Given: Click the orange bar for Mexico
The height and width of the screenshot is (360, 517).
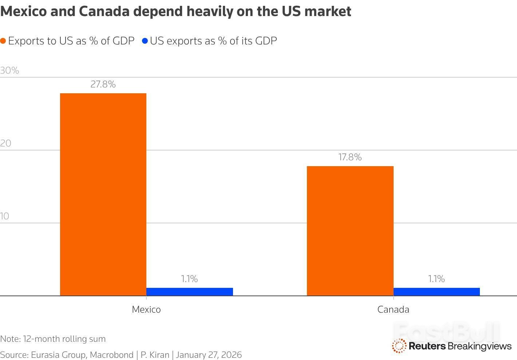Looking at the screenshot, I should [103, 194].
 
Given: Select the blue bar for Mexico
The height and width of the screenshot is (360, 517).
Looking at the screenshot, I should [189, 291].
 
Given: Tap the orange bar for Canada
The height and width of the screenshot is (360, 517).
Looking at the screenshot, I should [350, 231].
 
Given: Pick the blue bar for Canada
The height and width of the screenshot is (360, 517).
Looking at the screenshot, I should [437, 291].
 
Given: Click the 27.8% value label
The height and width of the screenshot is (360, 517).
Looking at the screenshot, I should [103, 85].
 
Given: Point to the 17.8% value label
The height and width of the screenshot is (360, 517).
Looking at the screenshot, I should [350, 157].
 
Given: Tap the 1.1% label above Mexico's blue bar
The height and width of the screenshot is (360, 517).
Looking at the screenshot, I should [189, 279].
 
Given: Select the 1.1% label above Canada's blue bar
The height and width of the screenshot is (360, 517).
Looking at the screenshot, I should [436, 279].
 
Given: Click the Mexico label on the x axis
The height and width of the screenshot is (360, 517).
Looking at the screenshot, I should [146, 309].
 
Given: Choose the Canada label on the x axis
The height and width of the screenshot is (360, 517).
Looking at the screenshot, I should [393, 309].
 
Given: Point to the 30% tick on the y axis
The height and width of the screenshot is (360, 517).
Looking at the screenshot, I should [9, 70].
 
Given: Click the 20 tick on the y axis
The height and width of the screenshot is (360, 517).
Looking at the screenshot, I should [6, 143].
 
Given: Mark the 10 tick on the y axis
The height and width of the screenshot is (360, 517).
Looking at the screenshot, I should [5, 216].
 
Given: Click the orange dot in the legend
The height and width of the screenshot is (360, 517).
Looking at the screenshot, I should [3, 41].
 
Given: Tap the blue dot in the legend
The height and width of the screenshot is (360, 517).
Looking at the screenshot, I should [145, 41].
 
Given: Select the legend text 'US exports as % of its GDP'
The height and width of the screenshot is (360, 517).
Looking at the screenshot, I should [213, 41].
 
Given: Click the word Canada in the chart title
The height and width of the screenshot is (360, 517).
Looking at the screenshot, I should [104, 12].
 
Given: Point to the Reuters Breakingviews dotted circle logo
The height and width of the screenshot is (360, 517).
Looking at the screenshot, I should [399, 346].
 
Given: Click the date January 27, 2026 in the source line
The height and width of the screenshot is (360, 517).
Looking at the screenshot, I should [209, 355].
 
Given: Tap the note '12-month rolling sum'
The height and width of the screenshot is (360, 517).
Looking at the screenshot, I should [64, 339].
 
